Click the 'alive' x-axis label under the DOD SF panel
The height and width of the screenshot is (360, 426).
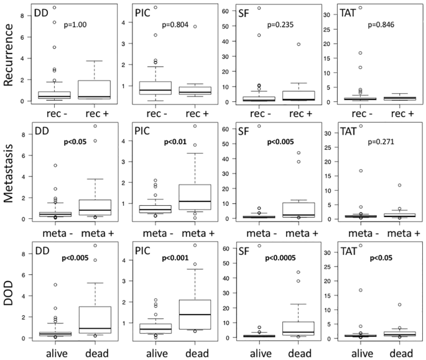coord(249,352)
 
